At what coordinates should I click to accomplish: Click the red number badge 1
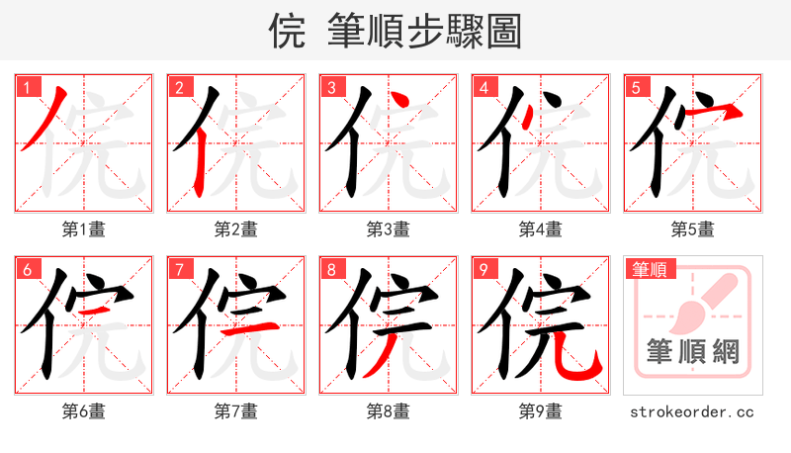pos(28,87)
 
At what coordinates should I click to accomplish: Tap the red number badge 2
pos(180,87)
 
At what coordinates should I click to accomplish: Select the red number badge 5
pos(637,87)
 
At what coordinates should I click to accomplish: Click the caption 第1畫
pos(84,229)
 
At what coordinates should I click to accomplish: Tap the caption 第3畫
pos(389,229)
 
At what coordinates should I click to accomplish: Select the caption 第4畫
pos(541,229)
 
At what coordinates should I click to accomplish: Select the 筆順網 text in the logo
pos(693,352)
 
